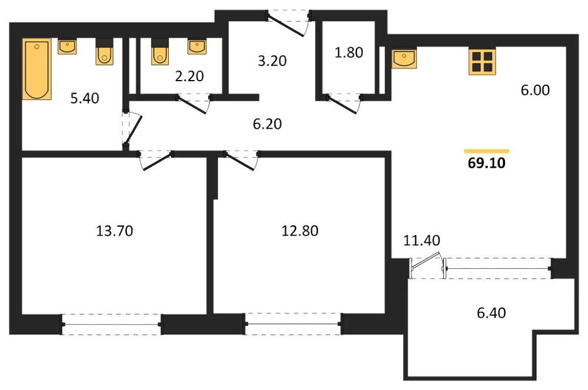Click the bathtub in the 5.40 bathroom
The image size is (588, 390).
[x=36, y=69]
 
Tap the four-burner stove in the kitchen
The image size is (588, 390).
[x=482, y=61]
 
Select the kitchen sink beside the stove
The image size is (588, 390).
[x=405, y=58]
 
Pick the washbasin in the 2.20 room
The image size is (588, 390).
[x=197, y=46]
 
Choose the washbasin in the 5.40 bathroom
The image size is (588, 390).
[x=67, y=46]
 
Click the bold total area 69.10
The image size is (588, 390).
[x=486, y=163]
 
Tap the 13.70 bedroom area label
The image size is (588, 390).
[x=115, y=231]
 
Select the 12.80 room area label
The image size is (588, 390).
[x=300, y=231]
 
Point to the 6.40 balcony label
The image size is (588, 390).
[x=491, y=312]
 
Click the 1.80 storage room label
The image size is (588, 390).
[x=349, y=52]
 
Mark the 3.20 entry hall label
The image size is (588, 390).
[x=272, y=61]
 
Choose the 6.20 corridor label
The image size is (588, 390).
[x=267, y=124]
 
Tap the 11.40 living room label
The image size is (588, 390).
[x=422, y=241]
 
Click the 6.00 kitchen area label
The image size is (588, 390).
[x=535, y=90]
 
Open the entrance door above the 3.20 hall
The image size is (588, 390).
[x=288, y=24]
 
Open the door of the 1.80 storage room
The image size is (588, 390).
[x=344, y=103]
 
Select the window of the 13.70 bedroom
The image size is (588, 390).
[x=111, y=324]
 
